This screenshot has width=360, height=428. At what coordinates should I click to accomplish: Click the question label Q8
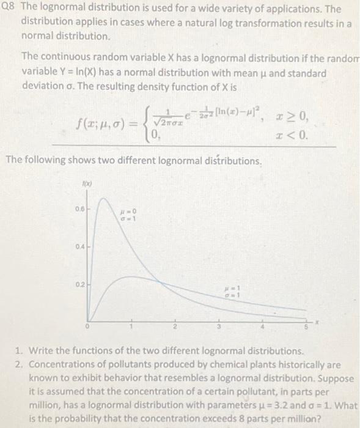coord(9,9)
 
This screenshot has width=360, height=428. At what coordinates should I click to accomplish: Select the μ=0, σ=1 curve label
coord(129,214)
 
